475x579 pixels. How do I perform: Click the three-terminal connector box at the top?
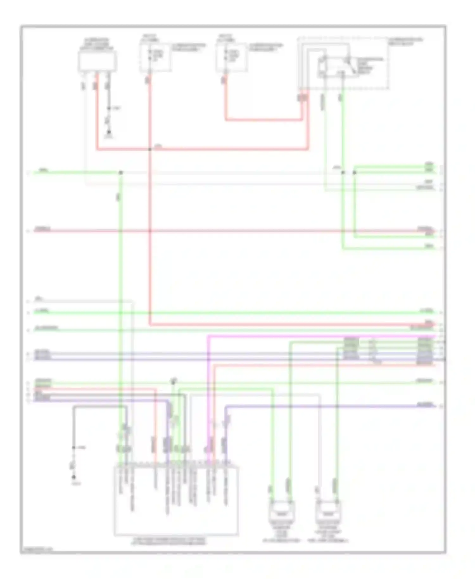click(x=97, y=61)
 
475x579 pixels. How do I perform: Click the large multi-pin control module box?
click(x=176, y=500)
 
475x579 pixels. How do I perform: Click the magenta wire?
click(x=317, y=336)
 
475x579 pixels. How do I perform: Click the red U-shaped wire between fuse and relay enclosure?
click(x=263, y=120)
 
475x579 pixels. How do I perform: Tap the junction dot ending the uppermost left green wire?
click(x=120, y=173)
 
